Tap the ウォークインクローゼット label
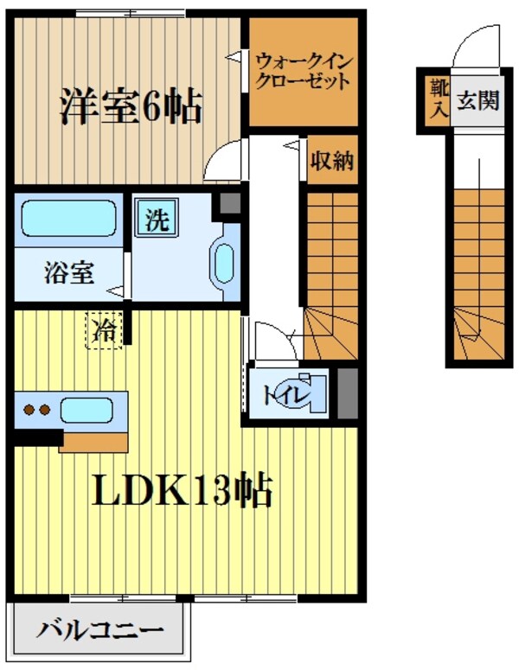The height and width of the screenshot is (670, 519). [303, 72]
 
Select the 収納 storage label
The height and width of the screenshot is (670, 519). [332, 161]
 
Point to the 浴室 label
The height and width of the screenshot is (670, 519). [69, 273]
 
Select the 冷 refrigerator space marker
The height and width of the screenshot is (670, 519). [105, 329]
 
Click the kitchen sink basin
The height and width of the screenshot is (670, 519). [86, 410]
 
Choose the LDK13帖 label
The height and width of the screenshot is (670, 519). [183, 492]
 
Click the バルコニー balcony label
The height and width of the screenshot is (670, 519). [99, 631]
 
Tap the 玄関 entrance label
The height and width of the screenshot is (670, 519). [477, 101]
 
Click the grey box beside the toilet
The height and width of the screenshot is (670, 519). [347, 394]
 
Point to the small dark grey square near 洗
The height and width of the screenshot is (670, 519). [228, 203]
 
